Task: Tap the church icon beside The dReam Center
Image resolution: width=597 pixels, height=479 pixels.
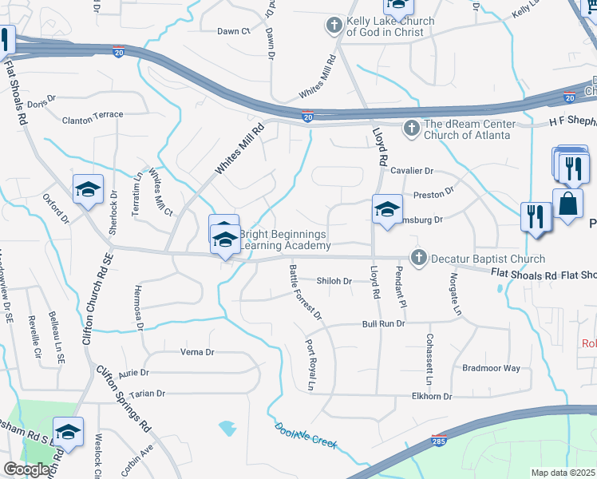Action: click(x=411, y=128)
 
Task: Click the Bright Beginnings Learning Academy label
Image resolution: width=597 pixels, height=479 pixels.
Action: click(x=284, y=239)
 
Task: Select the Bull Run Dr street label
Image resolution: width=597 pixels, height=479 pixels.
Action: click(x=383, y=324)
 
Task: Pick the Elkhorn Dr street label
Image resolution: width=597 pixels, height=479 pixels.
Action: click(x=432, y=396)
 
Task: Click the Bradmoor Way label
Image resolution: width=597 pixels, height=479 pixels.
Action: click(x=491, y=368)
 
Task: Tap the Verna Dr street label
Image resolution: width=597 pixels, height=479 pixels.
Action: click(x=198, y=352)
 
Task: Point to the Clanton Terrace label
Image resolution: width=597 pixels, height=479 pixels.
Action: click(x=93, y=115)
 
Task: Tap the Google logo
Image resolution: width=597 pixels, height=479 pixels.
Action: click(x=26, y=469)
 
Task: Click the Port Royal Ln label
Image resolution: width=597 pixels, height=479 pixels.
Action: click(x=309, y=365)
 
